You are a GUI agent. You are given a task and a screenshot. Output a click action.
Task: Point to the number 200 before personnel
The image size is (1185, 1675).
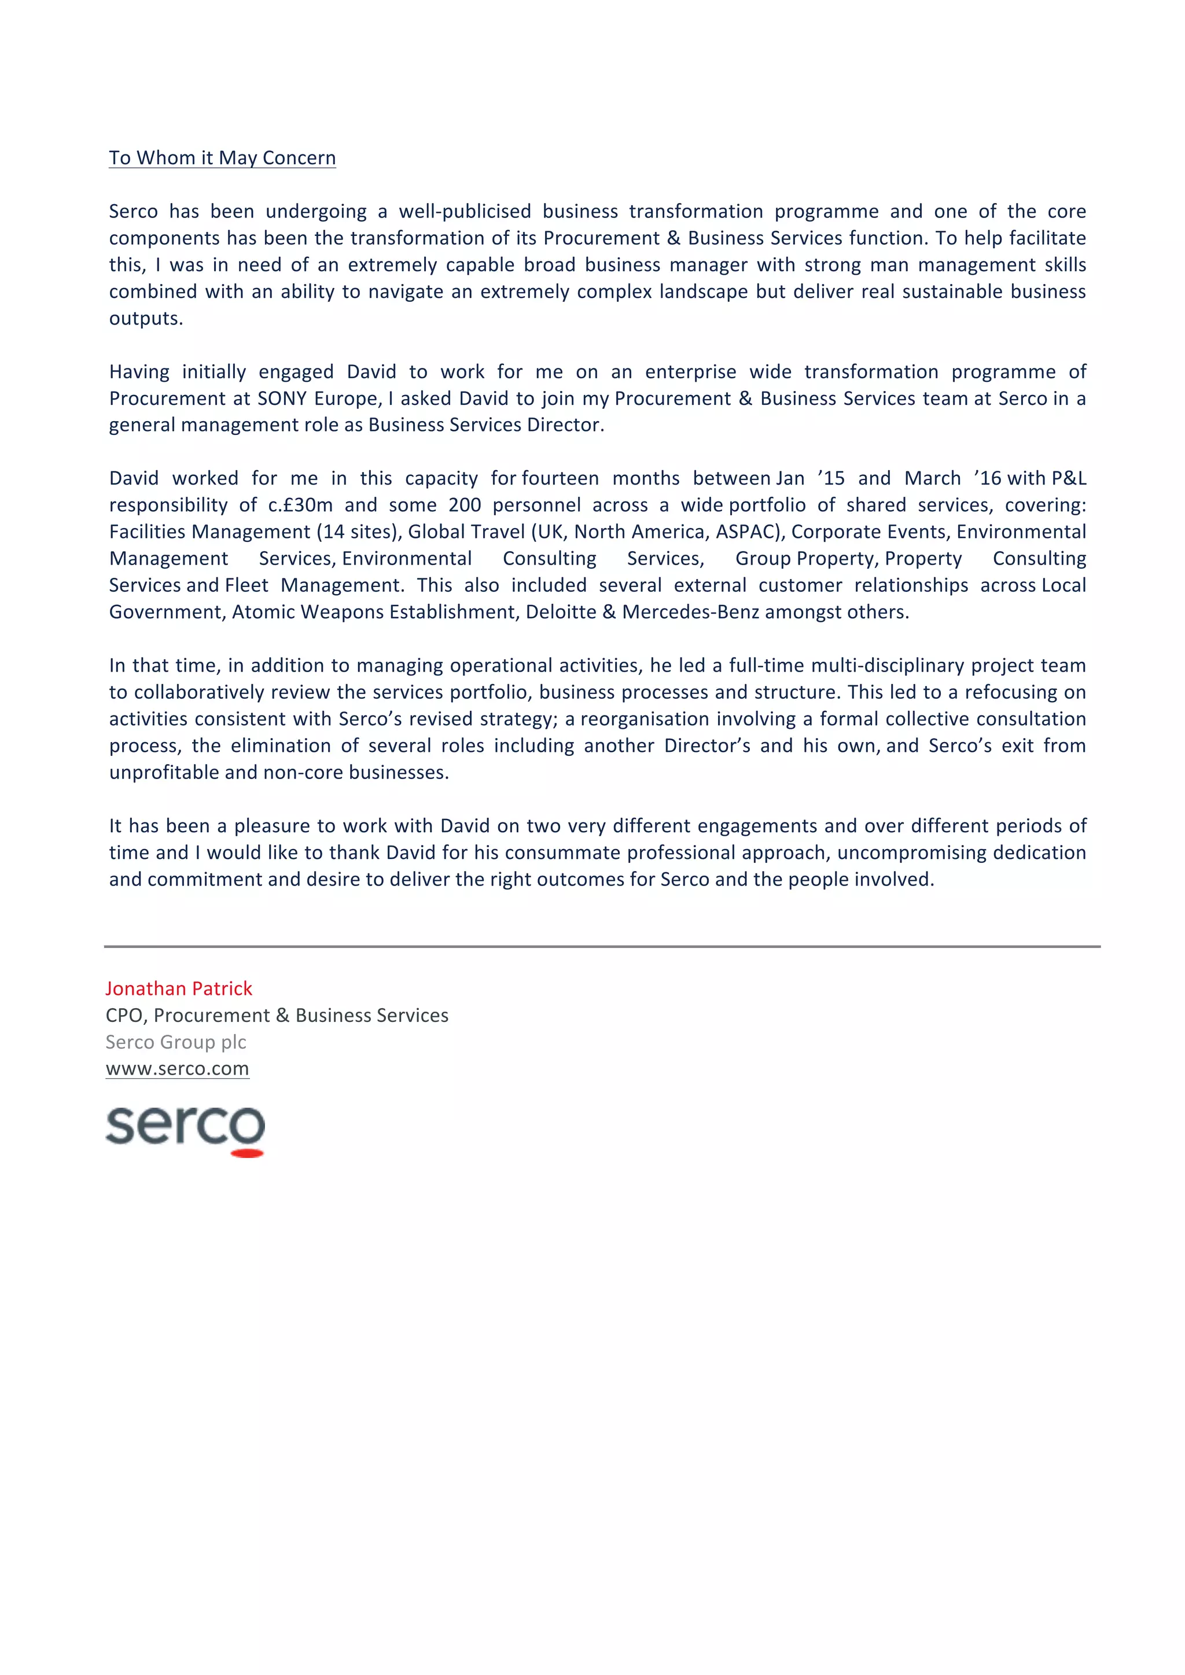point(464,505)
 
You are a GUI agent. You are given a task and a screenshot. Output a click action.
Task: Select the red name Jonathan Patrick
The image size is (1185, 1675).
point(179,988)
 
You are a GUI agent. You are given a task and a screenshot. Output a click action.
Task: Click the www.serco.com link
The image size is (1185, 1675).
point(177,1069)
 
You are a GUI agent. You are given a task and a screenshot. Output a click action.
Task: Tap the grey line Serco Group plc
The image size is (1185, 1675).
point(176,1042)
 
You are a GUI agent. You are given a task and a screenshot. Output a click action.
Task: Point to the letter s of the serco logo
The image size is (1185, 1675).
point(120,1126)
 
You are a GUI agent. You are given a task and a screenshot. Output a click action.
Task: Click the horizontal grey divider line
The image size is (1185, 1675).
point(601,946)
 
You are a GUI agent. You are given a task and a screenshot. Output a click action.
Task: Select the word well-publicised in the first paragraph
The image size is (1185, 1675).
point(464,212)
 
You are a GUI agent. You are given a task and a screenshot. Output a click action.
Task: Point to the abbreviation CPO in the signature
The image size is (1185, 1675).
point(126,1016)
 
